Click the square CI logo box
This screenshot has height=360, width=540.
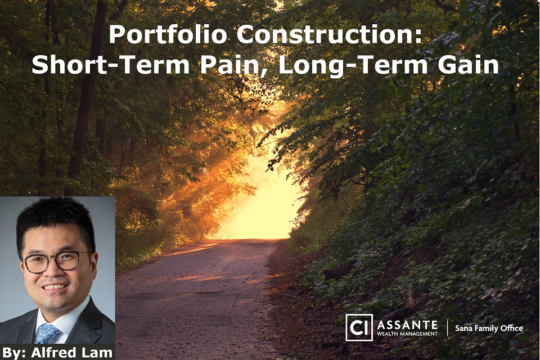pyautogui.click(x=359, y=327)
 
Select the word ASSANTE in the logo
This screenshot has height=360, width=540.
pyautogui.click(x=407, y=325)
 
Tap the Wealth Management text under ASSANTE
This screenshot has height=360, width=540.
pyautogui.click(x=407, y=334)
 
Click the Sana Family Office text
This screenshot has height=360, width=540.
pyautogui.click(x=489, y=328)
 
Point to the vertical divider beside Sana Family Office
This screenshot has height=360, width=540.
pyautogui.click(x=447, y=327)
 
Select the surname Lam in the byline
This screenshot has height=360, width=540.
pyautogui.click(x=100, y=353)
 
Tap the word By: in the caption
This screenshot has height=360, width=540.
pyautogui.click(x=14, y=353)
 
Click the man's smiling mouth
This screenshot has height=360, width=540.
pyautogui.click(x=55, y=287)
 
